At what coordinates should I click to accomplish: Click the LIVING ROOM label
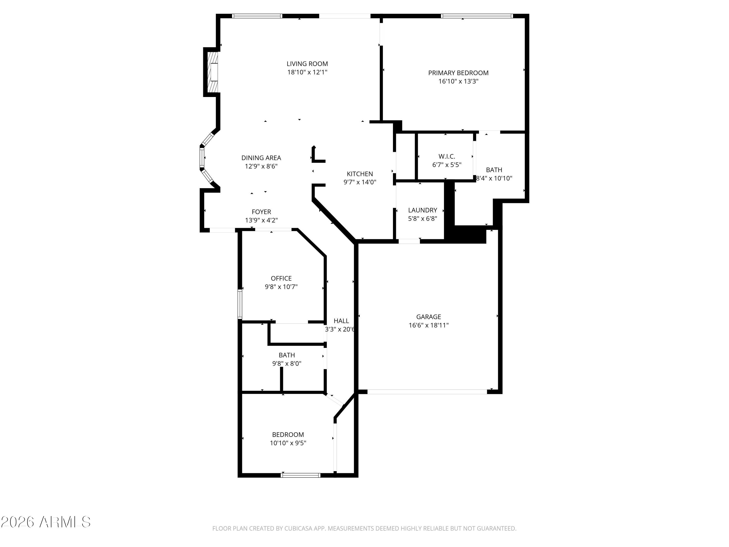pos(307,64)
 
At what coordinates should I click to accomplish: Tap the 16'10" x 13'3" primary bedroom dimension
pos(458,81)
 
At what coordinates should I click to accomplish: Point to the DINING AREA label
pos(261,158)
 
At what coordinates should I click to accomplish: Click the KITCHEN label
pos(360,174)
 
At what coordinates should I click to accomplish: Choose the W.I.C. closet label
pos(447,157)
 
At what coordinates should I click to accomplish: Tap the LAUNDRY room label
pos(423,210)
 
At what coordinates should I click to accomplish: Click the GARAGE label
pos(428,317)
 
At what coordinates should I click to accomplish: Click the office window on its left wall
pos(240,304)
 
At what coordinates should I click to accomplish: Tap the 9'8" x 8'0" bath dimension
pos(286,364)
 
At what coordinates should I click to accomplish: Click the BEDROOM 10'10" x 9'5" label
pos(288,435)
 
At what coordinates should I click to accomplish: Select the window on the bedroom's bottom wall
pos(300,475)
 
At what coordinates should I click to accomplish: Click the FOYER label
pos(261,212)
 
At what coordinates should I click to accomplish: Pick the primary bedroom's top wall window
pos(477,16)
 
